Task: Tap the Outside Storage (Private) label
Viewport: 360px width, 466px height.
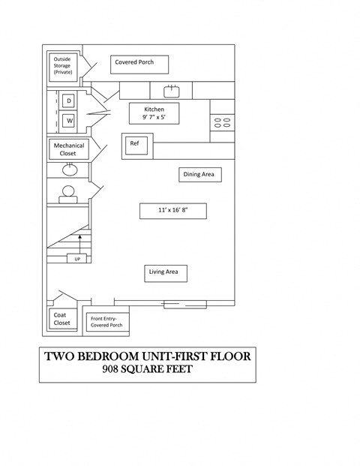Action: [x=63, y=65]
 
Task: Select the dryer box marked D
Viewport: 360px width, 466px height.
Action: [x=69, y=101]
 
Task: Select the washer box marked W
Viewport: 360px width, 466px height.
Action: [x=69, y=120]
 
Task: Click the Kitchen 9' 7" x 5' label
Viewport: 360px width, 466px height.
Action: [x=154, y=113]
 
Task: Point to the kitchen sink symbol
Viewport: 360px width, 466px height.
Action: [x=171, y=91]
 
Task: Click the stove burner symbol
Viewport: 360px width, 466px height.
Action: [x=222, y=123]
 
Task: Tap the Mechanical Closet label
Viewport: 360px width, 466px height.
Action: [x=68, y=149]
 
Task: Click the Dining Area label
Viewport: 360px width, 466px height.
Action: [x=199, y=175]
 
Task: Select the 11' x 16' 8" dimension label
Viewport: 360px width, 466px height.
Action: [x=172, y=211]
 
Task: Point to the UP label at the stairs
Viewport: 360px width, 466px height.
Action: [x=77, y=259]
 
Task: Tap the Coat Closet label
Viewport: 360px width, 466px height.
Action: [x=61, y=320]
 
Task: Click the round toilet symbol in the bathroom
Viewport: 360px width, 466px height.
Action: [x=68, y=193]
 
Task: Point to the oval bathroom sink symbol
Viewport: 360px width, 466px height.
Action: [x=68, y=169]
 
